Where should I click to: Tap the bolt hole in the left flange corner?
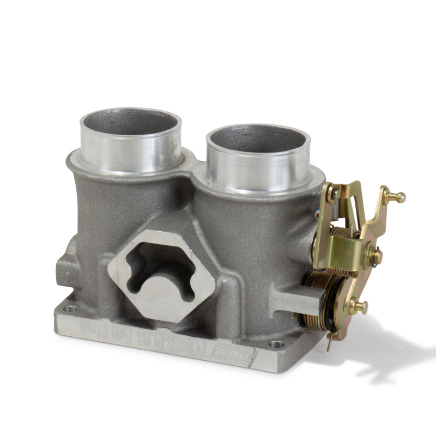tap(70, 308)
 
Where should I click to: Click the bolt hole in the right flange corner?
tap(276, 344)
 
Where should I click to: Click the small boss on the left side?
tap(64, 267)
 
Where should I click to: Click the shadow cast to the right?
tap(381, 349)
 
